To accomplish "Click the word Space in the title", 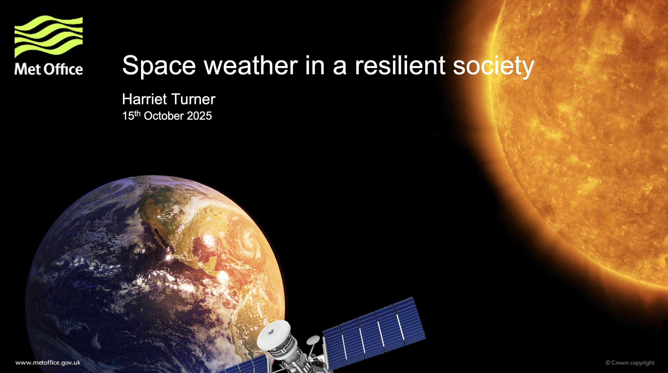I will (159, 65).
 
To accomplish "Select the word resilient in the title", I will (400, 65).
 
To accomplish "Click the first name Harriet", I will (144, 99).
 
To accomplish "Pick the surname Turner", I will (193, 99).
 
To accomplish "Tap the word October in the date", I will (164, 116).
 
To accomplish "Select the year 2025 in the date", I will (199, 116).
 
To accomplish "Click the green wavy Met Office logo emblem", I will (49, 36).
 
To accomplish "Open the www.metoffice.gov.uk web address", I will (48, 363).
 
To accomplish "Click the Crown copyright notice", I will (630, 363).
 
